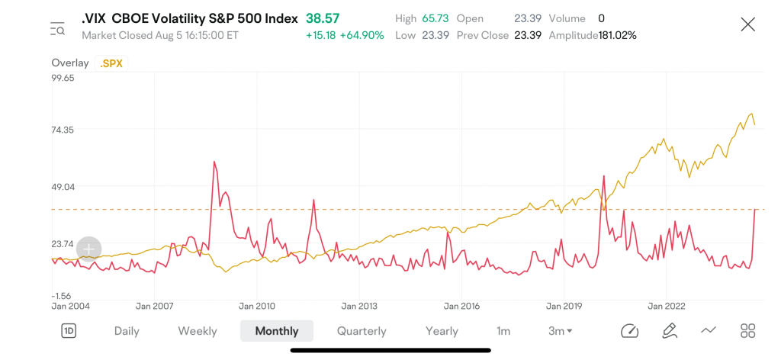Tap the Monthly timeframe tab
[276, 331]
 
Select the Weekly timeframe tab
[198, 331]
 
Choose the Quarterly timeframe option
[362, 331]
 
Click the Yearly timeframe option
[442, 331]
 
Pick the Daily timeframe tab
[127, 331]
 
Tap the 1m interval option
[503, 331]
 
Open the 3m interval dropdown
[561, 331]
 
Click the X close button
[747, 25]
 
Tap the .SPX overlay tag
[111, 63]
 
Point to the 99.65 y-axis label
[63, 78]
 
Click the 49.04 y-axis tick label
[63, 187]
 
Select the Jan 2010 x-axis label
[256, 306]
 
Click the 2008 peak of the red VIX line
[214, 162]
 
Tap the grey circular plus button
[89, 248]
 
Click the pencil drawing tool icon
[669, 330]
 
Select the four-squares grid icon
[747, 330]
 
